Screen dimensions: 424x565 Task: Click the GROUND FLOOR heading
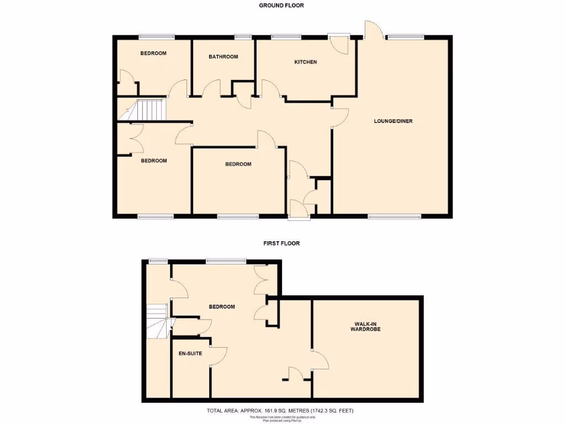[x=281, y=6]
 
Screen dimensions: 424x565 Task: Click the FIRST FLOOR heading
[x=281, y=243]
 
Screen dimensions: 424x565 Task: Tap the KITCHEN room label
[x=306, y=62]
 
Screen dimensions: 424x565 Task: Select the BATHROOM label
[x=223, y=57]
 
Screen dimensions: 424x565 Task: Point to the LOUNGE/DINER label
[x=393, y=121]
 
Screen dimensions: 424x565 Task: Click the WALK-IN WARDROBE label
[x=366, y=326]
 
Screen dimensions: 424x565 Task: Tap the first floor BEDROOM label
[x=222, y=307]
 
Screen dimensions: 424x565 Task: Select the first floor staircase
[x=157, y=321]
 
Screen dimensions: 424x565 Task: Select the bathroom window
[x=242, y=37]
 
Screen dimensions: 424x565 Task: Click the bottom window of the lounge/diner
[x=394, y=216]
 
